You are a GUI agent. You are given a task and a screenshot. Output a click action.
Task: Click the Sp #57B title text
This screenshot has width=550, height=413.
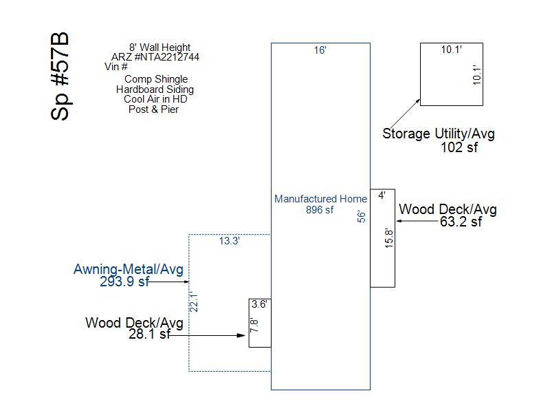pyautogui.click(x=60, y=76)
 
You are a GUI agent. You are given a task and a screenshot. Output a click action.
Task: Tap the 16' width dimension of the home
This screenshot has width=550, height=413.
pyautogui.click(x=320, y=50)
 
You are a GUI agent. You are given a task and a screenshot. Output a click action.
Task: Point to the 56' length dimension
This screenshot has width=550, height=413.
pyautogui.click(x=362, y=217)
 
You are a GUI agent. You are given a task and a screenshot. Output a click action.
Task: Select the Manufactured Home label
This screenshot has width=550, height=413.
pyautogui.click(x=320, y=199)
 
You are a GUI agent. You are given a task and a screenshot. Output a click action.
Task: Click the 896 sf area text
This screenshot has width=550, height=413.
pyautogui.click(x=320, y=210)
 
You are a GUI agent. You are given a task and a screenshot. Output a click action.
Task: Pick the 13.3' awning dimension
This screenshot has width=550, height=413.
pyautogui.click(x=230, y=241)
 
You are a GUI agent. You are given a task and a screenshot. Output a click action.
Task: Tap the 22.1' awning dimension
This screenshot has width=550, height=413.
pyautogui.click(x=194, y=301)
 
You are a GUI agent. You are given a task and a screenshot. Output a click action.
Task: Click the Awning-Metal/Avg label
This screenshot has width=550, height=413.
pyautogui.click(x=129, y=269)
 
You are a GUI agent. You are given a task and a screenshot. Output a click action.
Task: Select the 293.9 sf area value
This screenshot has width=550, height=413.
pyautogui.click(x=124, y=282)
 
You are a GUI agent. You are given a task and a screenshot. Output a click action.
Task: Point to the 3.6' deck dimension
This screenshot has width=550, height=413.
pyautogui.click(x=259, y=304)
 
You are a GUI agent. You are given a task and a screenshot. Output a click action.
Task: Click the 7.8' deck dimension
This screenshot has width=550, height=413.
pyautogui.click(x=254, y=325)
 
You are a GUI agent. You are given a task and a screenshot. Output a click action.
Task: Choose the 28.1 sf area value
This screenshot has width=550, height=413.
pyautogui.click(x=149, y=334)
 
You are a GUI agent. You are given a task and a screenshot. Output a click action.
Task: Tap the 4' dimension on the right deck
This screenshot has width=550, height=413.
pyautogui.click(x=382, y=195)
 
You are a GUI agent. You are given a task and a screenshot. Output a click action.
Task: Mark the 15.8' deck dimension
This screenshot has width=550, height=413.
pyautogui.click(x=389, y=238)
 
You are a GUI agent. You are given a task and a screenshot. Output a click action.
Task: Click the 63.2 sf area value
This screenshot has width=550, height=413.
pyautogui.click(x=461, y=222)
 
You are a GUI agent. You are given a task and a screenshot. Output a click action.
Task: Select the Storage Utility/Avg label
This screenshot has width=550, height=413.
pyautogui.click(x=439, y=134)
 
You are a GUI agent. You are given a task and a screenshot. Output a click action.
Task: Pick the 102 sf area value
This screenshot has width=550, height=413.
pyautogui.click(x=459, y=147)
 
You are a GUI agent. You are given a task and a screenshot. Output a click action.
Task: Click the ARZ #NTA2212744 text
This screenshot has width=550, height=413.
pyautogui.click(x=155, y=57)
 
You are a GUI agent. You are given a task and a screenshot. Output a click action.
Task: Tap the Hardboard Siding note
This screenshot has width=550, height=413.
pyautogui.click(x=155, y=89)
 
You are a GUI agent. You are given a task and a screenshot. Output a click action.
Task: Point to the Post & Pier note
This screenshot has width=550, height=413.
pyautogui.click(x=153, y=109)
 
